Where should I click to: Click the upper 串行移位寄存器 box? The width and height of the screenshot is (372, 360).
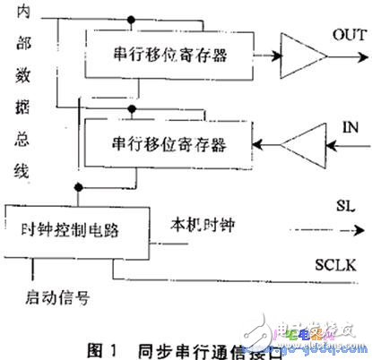coord(169,55)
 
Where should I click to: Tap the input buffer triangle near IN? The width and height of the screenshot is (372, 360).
coord(305,143)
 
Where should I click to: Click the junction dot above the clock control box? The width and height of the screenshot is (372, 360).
coord(78,188)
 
